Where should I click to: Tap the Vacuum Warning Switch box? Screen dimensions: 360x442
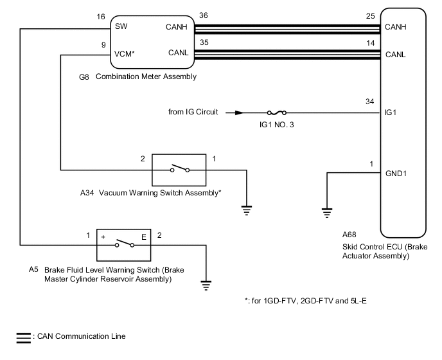pyautogui.click(x=179, y=170)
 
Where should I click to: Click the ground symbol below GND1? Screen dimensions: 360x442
pyautogui.click(x=327, y=211)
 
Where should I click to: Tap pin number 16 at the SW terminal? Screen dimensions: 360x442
pyautogui.click(x=101, y=18)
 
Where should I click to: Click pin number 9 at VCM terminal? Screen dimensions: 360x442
pyautogui.click(x=103, y=45)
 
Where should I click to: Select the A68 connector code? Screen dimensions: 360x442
pyautogui.click(x=349, y=234)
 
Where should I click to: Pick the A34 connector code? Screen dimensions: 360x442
pyautogui.click(x=87, y=192)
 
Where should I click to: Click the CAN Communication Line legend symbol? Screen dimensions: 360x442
pyautogui.click(x=23, y=337)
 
